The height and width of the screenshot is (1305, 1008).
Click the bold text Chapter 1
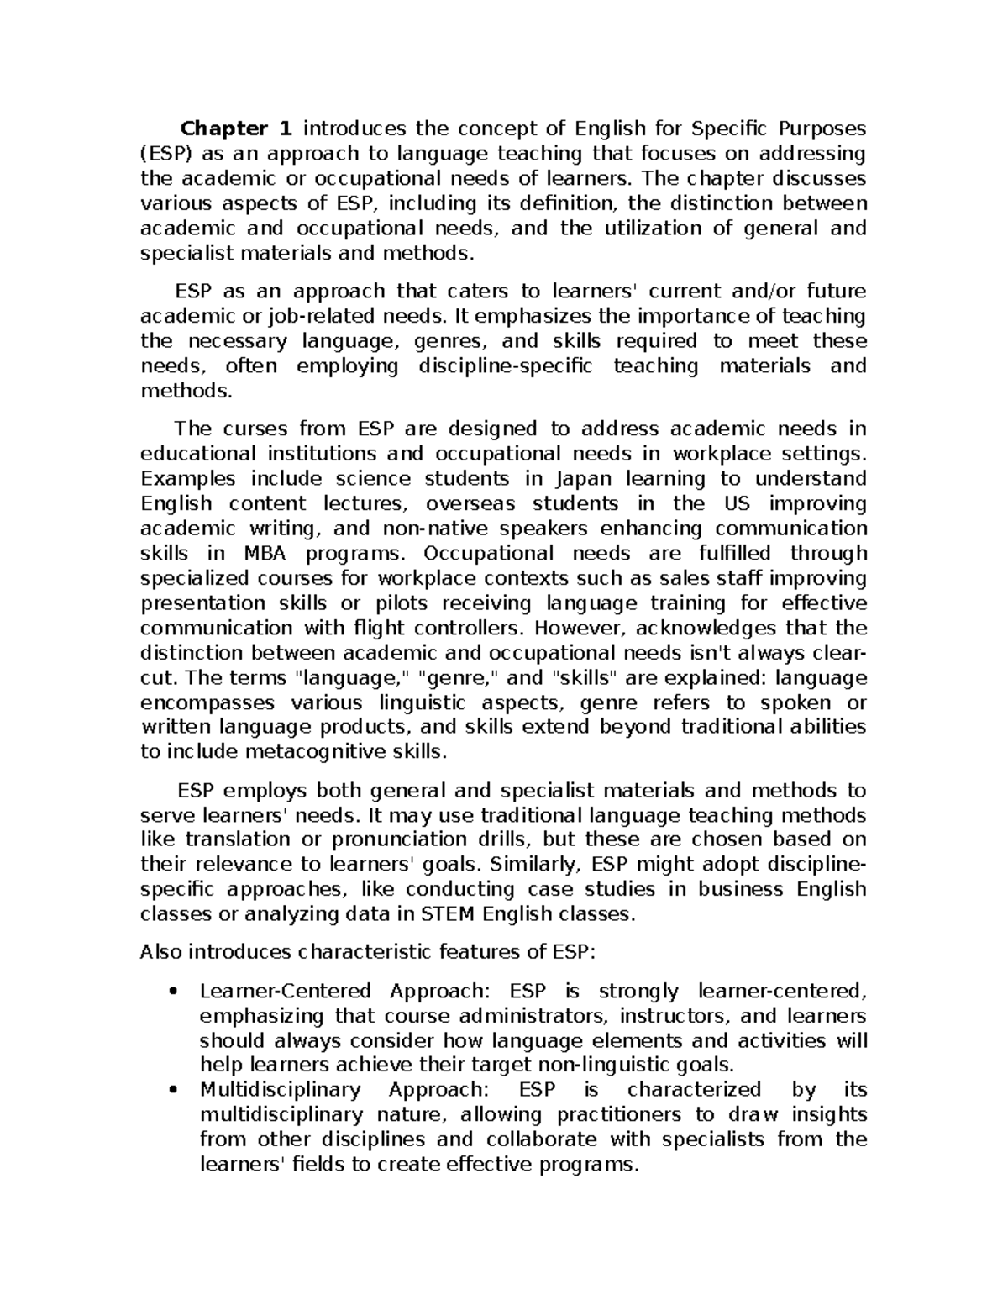pos(237,129)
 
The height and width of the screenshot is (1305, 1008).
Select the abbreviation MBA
pos(265,554)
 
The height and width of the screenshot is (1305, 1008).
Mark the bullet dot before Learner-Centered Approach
pos(173,992)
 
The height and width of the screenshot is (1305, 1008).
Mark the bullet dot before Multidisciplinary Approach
pos(173,1091)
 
